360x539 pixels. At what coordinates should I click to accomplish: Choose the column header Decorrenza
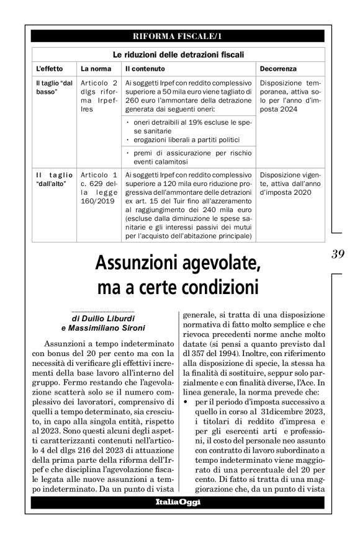click(279, 68)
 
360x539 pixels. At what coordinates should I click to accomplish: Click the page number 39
click(338, 254)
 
